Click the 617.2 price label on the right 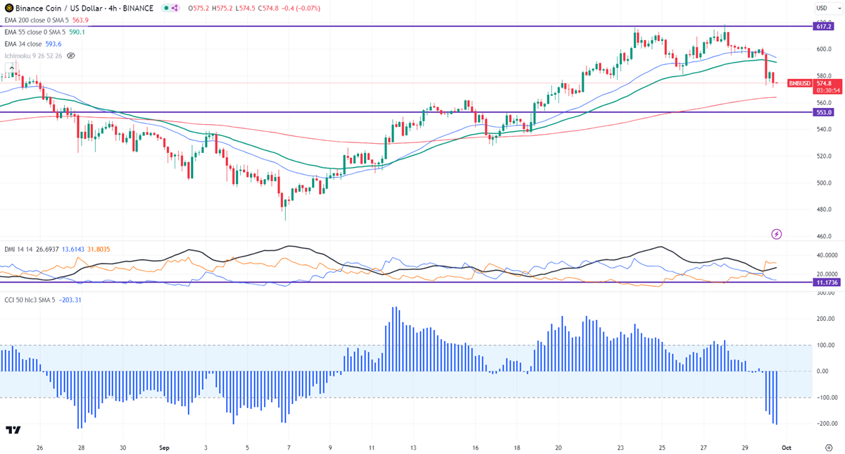tap(824, 25)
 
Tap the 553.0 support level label tap(824, 112)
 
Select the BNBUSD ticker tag tap(800, 82)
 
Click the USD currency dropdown tap(822, 8)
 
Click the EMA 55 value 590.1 tap(77, 32)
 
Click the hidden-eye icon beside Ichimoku tap(70, 55)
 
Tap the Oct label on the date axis tap(787, 447)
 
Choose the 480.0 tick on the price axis tap(824, 209)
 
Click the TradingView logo tap(13, 430)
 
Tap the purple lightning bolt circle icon tap(777, 234)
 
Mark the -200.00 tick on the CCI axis tap(825, 424)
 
